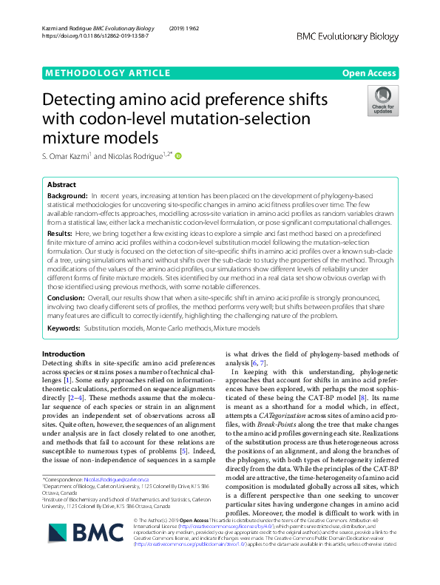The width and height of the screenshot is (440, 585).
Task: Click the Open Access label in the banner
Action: (370, 72)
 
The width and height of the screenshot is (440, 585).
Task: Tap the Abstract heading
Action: (61, 185)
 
